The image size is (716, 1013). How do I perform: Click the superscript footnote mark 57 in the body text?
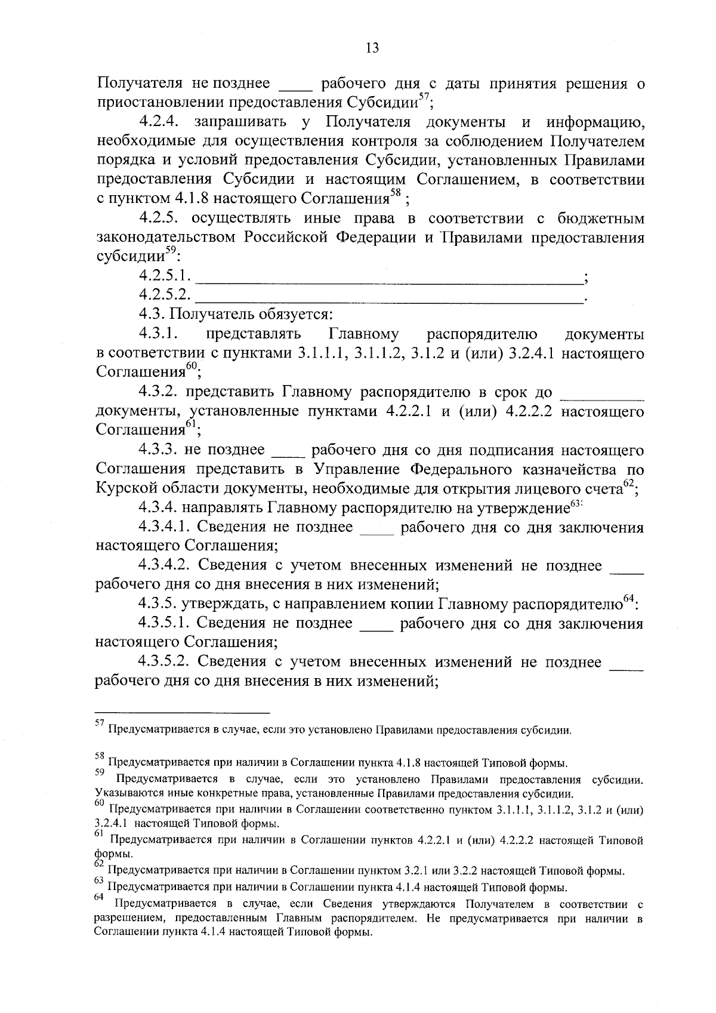click(422, 97)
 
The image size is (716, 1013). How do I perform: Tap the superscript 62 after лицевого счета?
click(628, 484)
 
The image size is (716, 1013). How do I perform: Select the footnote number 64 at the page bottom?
click(100, 897)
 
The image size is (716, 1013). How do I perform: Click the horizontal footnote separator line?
click(183, 712)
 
